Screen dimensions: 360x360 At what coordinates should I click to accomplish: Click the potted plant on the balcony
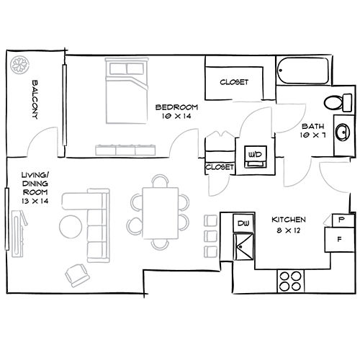(18, 66)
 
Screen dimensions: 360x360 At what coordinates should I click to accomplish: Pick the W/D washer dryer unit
(254, 156)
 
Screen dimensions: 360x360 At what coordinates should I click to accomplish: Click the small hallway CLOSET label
(220, 167)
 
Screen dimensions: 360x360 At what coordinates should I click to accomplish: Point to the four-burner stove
(290, 280)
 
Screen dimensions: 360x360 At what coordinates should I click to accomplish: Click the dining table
(160, 213)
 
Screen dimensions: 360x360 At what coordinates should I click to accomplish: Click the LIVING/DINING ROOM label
(34, 188)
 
